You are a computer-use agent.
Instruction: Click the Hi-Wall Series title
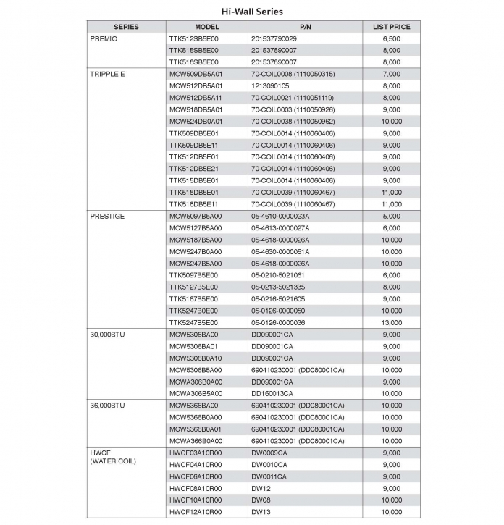(252, 12)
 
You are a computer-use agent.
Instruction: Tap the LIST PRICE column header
(391, 27)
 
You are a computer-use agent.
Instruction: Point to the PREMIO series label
(103, 38)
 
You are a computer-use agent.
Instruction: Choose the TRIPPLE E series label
(107, 74)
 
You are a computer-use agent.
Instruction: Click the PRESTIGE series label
(106, 216)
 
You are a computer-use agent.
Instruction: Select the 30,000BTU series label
(109, 335)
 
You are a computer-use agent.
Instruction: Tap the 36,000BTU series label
(109, 406)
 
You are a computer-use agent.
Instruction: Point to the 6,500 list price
(391, 38)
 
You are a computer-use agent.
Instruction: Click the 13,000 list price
(391, 322)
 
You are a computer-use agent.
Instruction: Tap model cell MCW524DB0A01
(196, 122)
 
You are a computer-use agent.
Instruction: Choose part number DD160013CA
(272, 393)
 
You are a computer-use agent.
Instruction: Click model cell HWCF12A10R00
(196, 512)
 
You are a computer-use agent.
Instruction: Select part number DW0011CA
(269, 476)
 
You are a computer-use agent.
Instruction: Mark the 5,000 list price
(391, 216)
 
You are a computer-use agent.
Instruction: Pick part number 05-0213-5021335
(278, 287)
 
